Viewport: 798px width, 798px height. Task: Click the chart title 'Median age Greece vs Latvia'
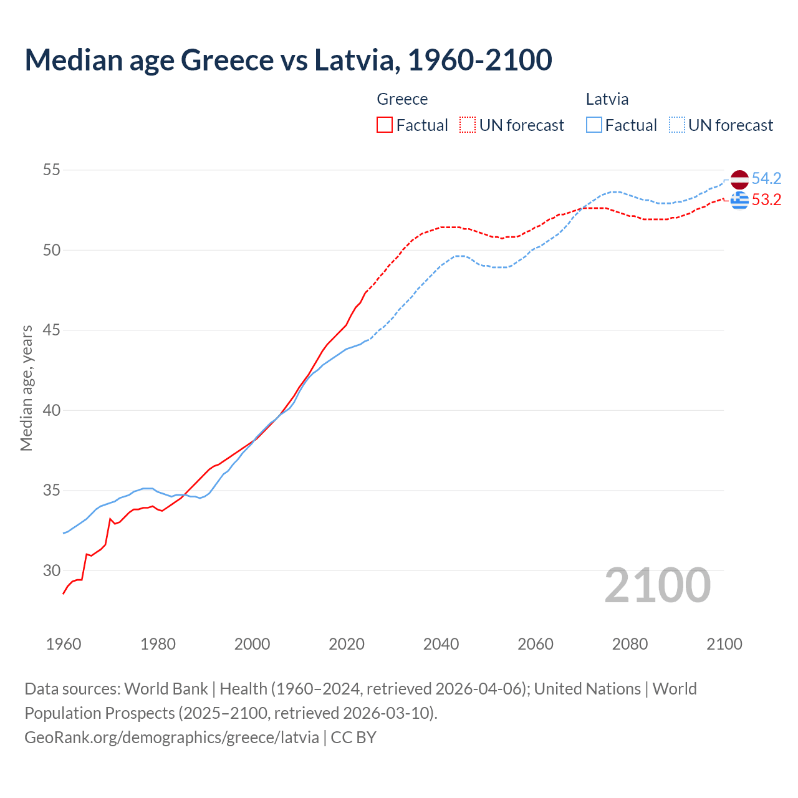[x=288, y=60]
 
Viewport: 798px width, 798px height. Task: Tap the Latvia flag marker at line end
[x=739, y=179]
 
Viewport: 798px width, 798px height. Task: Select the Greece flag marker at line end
[x=739, y=200]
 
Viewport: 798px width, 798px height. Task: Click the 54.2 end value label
[x=766, y=179]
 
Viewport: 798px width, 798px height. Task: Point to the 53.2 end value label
[x=766, y=200]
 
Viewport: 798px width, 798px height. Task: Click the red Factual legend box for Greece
[x=385, y=125]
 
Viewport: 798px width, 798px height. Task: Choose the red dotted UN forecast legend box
[x=468, y=125]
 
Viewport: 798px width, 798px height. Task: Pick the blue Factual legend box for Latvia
[x=594, y=125]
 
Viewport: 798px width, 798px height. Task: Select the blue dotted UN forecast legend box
[x=677, y=125]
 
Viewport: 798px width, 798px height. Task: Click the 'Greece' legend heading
[x=402, y=100]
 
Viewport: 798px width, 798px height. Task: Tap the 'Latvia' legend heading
[x=607, y=100]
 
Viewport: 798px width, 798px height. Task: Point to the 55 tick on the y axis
[x=52, y=170]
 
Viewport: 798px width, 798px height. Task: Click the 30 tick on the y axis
[x=52, y=570]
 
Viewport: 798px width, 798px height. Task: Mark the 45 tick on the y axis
[x=52, y=330]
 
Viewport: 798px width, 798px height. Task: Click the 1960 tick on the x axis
[x=64, y=644]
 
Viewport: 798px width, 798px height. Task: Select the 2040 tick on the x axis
[x=441, y=644]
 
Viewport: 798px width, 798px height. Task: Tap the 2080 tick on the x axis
[x=630, y=644]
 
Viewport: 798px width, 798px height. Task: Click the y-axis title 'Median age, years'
[x=26, y=388]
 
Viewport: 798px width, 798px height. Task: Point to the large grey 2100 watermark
[x=657, y=585]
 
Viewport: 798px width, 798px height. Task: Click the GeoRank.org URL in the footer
[x=171, y=738]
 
